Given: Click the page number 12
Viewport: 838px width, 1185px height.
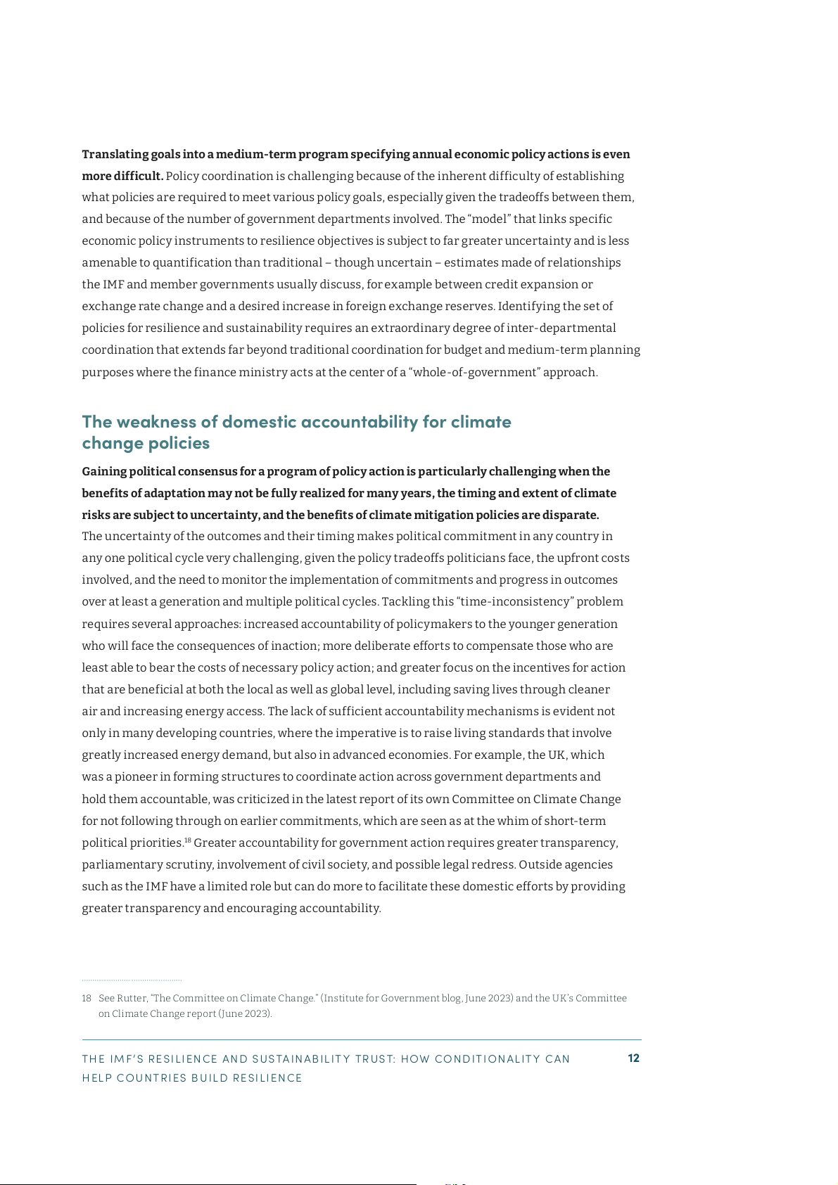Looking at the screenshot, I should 633,1058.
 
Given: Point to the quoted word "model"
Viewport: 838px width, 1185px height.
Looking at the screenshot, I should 489,219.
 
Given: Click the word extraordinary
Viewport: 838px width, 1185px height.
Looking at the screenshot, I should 414,328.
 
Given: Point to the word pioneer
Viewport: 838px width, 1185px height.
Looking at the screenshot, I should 139,777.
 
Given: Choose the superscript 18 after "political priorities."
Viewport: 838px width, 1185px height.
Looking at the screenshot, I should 188,840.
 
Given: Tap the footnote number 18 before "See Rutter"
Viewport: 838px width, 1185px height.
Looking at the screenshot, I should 87,999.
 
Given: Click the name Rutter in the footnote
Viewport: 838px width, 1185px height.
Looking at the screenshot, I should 132,999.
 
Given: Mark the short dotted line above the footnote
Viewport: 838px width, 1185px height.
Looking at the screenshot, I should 132,980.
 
